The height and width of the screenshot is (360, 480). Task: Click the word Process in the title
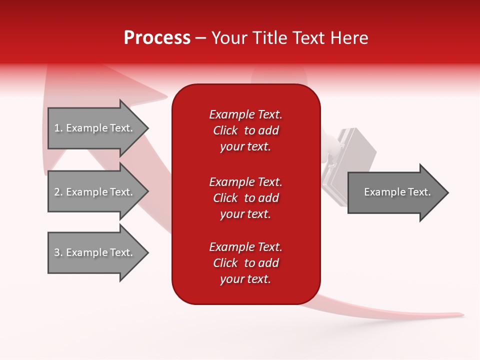tap(157, 38)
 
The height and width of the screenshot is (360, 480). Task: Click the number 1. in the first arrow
tap(58, 128)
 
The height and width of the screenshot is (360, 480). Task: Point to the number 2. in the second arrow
tap(58, 192)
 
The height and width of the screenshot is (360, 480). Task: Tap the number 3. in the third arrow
tap(58, 252)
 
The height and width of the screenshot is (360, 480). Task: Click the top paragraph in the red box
tap(245, 130)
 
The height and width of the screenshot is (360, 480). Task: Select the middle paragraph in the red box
tap(245, 198)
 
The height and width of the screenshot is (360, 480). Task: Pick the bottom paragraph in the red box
tap(245, 263)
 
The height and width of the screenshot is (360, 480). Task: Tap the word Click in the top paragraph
tap(225, 130)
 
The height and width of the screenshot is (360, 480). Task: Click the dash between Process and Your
tap(201, 38)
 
